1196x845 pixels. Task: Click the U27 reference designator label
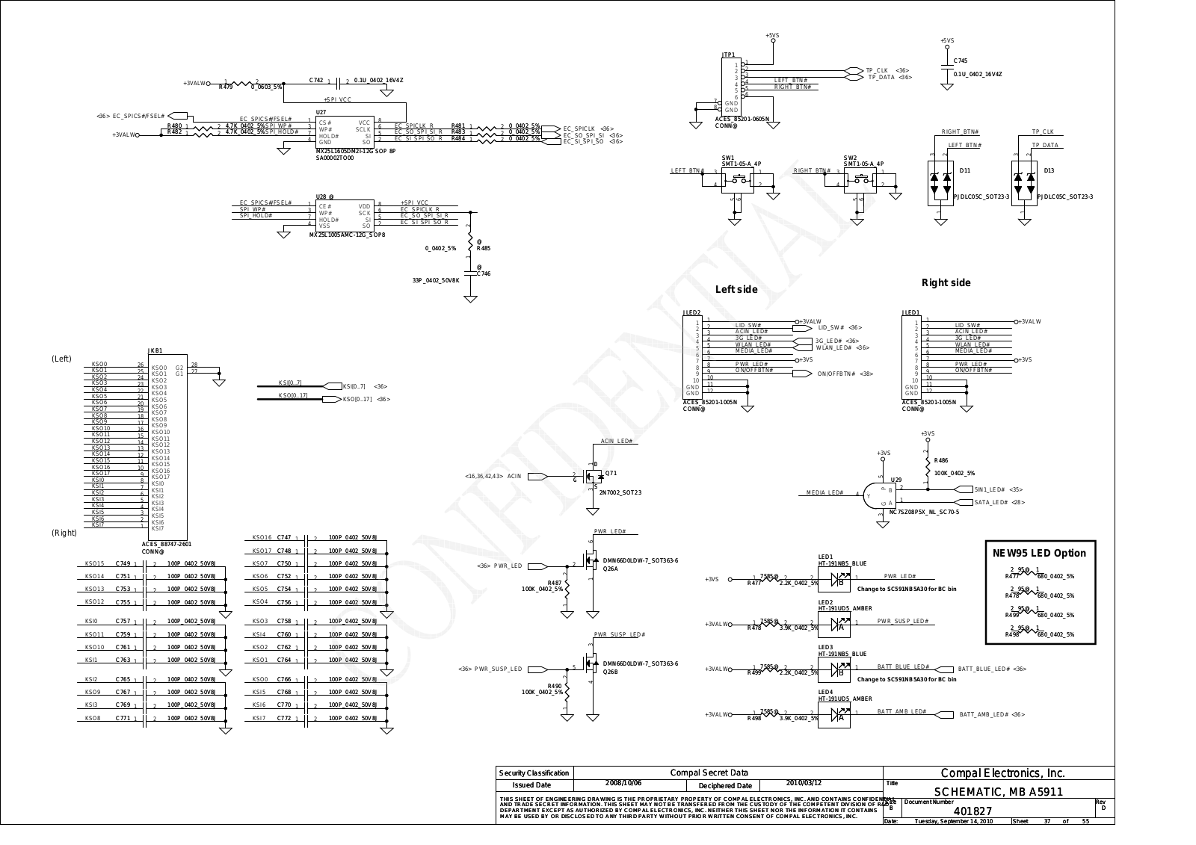coord(321,111)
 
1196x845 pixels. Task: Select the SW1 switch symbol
coord(740,180)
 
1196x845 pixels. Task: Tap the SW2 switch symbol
coord(863,180)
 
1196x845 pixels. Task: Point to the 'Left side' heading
coord(736,289)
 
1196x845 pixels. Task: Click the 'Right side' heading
coord(946,282)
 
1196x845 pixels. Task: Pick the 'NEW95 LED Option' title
coord(1039,553)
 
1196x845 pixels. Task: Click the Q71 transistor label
coord(611,474)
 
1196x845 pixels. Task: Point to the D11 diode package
coord(941,183)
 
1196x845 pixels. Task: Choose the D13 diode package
coord(1024,183)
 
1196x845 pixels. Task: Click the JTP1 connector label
coord(728,55)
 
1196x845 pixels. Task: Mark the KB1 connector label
coord(156,350)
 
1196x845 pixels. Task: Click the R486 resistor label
coord(940,461)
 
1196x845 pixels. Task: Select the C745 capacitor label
coord(961,61)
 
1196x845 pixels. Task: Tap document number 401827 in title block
coord(972,811)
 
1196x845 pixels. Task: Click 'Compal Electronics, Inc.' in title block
coord(1002,773)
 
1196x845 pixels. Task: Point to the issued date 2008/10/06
coord(623,783)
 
